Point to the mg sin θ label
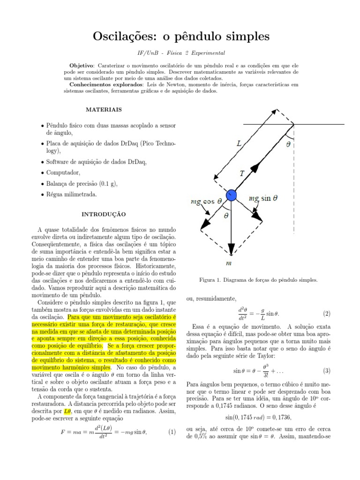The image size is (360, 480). [263, 198]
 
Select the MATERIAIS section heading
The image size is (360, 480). [104, 109]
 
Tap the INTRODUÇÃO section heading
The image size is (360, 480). [104, 214]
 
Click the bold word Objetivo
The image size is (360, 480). [82, 66]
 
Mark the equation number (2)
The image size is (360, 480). [326, 313]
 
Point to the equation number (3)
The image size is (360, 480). [326, 371]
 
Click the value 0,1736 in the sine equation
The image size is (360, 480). [283, 415]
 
